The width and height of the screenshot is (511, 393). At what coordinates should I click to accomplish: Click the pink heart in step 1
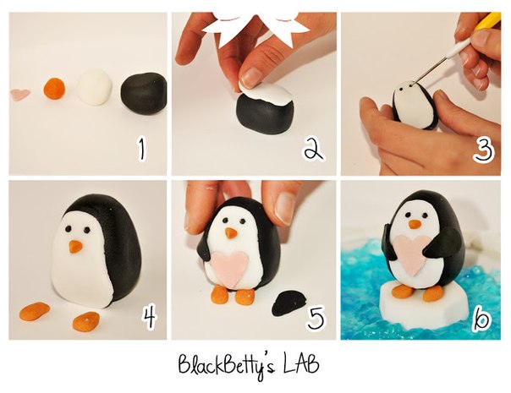pyautogui.click(x=20, y=95)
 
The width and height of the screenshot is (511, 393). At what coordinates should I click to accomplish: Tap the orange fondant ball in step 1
pyautogui.click(x=54, y=88)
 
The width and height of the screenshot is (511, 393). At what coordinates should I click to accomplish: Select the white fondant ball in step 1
pyautogui.click(x=95, y=87)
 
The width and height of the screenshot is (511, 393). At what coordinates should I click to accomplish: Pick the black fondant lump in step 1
pyautogui.click(x=144, y=94)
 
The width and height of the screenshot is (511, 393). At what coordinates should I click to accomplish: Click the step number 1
pyautogui.click(x=141, y=150)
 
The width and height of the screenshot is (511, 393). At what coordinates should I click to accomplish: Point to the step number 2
pyautogui.click(x=314, y=150)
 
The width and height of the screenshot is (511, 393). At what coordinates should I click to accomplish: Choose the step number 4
pyautogui.click(x=149, y=316)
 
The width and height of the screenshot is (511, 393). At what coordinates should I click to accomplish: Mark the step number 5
pyautogui.click(x=316, y=317)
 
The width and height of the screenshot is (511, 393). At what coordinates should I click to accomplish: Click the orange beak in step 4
pyautogui.click(x=75, y=247)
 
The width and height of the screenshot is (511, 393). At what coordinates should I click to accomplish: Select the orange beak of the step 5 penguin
pyautogui.click(x=231, y=233)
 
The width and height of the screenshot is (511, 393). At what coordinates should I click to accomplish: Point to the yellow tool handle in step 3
pyautogui.click(x=488, y=21)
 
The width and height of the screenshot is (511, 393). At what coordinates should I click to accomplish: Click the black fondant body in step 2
pyautogui.click(x=265, y=112)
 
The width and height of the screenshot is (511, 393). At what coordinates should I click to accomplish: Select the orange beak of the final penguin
pyautogui.click(x=415, y=224)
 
